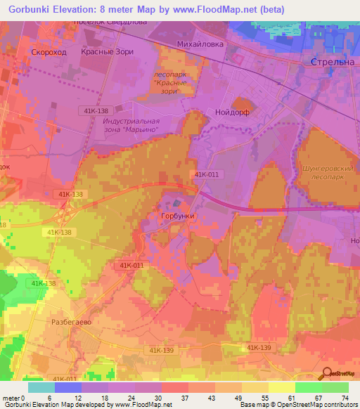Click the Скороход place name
click(49, 52)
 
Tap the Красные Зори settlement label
click(106, 52)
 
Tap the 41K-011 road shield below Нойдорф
click(205, 174)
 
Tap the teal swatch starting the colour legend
click(41, 387)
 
